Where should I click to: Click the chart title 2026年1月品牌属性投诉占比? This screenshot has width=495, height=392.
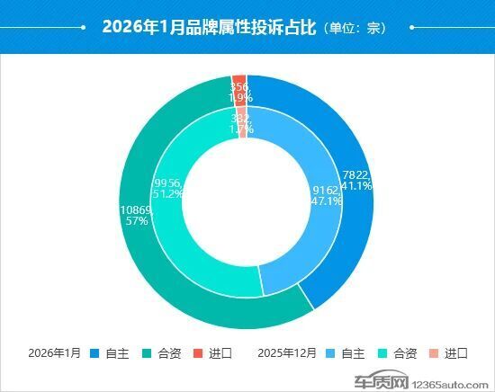208,27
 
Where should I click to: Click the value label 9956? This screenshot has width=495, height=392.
169,182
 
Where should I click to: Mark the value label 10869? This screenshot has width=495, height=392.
137,209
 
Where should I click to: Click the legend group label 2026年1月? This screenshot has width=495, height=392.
55,352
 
